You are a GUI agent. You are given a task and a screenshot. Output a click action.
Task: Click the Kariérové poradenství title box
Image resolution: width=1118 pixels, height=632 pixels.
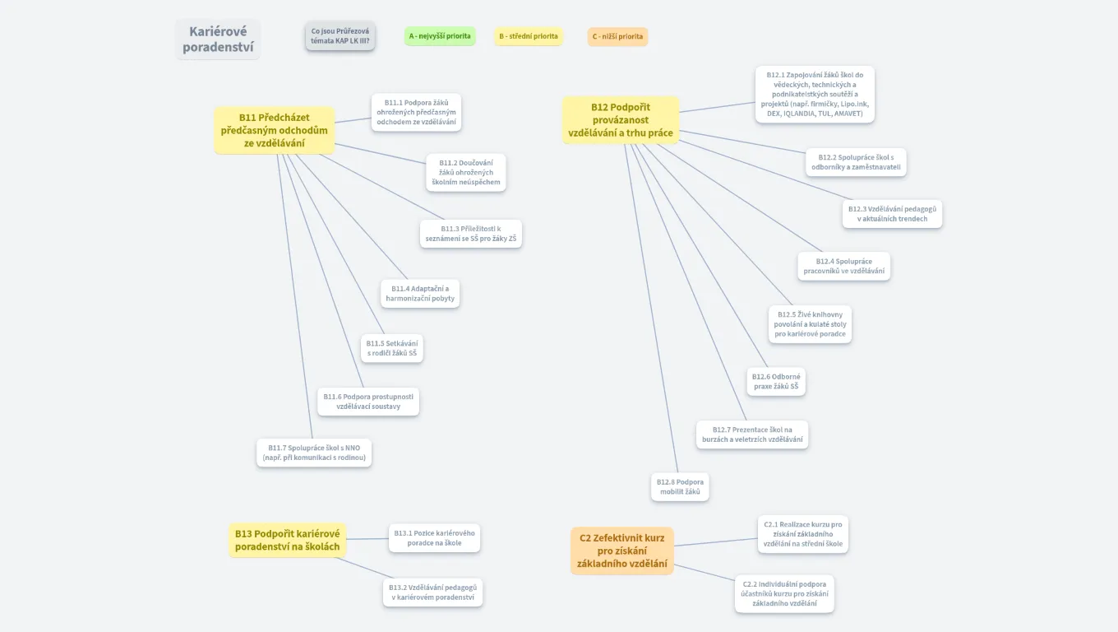218,39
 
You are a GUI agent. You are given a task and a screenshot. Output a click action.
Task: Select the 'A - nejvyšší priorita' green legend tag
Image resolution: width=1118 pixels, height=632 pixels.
440,36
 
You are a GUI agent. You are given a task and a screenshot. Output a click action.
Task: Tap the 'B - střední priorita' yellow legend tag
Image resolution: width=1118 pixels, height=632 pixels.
528,36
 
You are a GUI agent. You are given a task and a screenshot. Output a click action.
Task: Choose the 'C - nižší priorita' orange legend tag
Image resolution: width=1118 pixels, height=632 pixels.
617,36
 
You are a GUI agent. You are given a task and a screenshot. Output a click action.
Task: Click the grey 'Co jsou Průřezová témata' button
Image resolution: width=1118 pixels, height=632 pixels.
340,36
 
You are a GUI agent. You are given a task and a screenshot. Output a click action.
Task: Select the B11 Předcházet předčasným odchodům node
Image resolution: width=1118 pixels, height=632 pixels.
275,130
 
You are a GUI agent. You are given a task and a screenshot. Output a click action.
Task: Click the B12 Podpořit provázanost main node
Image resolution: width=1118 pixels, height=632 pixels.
621,119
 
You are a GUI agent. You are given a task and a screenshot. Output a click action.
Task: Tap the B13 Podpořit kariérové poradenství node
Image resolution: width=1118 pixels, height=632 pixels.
287,540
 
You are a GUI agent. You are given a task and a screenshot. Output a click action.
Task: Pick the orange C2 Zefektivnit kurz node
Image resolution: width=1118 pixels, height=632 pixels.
622,551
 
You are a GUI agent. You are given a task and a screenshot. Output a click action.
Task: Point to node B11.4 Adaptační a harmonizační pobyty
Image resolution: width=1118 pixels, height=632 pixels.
419,294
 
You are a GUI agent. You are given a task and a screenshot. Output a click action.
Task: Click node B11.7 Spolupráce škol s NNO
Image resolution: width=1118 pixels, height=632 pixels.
314,453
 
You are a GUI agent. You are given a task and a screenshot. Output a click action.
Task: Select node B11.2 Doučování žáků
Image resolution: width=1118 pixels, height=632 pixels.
465,173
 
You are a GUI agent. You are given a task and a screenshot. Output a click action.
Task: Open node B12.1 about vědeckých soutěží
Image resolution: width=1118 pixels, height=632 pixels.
815,94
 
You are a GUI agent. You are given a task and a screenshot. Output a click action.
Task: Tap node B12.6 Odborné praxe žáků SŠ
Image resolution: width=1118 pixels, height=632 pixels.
776,381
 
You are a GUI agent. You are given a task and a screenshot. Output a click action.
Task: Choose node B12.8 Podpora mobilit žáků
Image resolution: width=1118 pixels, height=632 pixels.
680,486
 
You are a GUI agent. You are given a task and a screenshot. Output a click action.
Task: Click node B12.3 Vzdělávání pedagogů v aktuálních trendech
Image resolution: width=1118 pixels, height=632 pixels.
892,214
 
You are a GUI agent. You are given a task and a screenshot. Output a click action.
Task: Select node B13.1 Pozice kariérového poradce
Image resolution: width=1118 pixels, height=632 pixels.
434,538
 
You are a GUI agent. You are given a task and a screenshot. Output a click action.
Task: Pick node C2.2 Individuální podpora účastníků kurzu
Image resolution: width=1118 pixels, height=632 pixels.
784,593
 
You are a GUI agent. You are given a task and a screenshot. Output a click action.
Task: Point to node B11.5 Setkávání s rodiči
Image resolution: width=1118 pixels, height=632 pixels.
392,348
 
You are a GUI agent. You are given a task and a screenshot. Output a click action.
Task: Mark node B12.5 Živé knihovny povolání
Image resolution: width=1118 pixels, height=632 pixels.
810,324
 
